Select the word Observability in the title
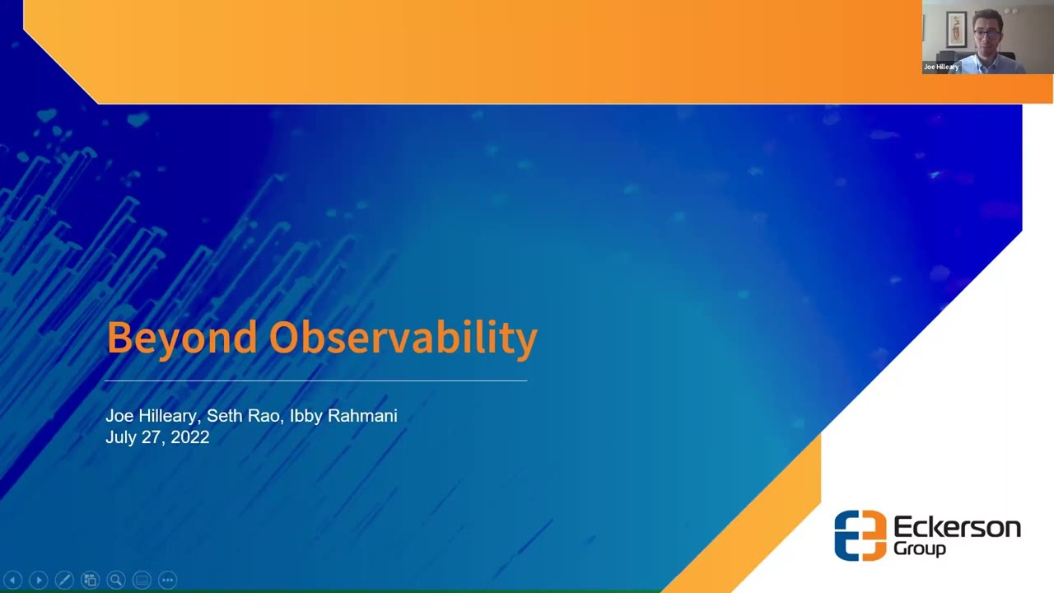[403, 338]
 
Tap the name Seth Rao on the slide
[244, 416]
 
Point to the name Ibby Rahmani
[343, 416]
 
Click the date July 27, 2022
[157, 437]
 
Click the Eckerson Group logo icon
[860, 535]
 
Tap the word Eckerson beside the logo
[957, 527]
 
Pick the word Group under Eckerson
[920, 549]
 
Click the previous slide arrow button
[12, 581]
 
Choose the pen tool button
[64, 581]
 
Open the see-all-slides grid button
[90, 581]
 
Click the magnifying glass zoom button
[116, 581]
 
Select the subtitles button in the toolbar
[142, 581]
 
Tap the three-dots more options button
[167, 581]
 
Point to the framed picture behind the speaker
[955, 29]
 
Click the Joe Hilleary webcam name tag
[941, 67]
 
